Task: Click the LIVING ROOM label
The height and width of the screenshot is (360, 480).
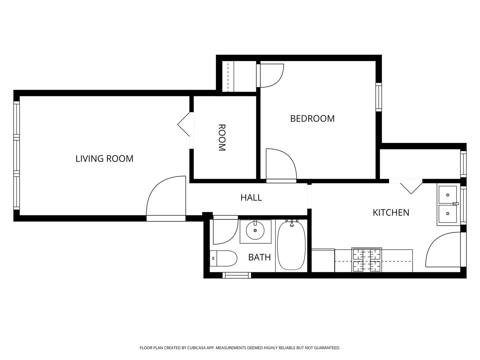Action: point(104,159)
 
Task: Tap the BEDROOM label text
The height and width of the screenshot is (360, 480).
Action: point(312,119)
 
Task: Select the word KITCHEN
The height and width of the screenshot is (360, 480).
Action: point(391,213)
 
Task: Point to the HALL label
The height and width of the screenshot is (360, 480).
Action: point(251,198)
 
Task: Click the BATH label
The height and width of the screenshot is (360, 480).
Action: point(260,257)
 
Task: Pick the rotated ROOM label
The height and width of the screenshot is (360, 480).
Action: point(222,137)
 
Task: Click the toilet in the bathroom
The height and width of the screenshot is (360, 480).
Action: point(223,258)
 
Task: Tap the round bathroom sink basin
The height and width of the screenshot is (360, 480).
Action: point(255,230)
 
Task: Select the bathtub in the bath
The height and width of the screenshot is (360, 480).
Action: point(291,246)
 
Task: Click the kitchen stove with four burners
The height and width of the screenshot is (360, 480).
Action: point(367,260)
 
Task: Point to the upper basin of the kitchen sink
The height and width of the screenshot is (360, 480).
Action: point(448,195)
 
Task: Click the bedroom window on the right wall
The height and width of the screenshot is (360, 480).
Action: point(379,97)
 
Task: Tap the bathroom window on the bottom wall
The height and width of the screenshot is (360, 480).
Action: point(237,275)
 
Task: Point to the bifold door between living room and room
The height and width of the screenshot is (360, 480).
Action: point(184,124)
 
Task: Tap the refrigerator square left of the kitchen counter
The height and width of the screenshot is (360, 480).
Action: point(323,260)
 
